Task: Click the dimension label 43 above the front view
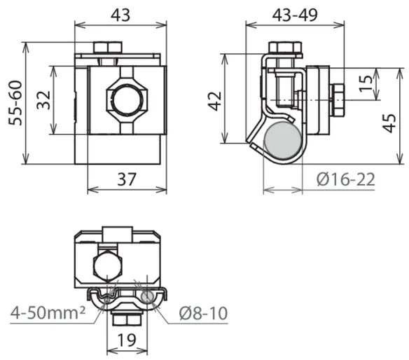pos(120,15)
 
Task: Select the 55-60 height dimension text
pos(15,103)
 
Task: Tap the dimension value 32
pos(43,100)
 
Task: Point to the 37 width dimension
pos(127,179)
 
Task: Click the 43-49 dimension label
pos(295,15)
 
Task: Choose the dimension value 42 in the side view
pos(215,102)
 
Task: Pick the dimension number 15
pos(366,83)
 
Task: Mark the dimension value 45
pos(389,123)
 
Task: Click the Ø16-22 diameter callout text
pos(346,179)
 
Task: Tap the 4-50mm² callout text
pos(48,312)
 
